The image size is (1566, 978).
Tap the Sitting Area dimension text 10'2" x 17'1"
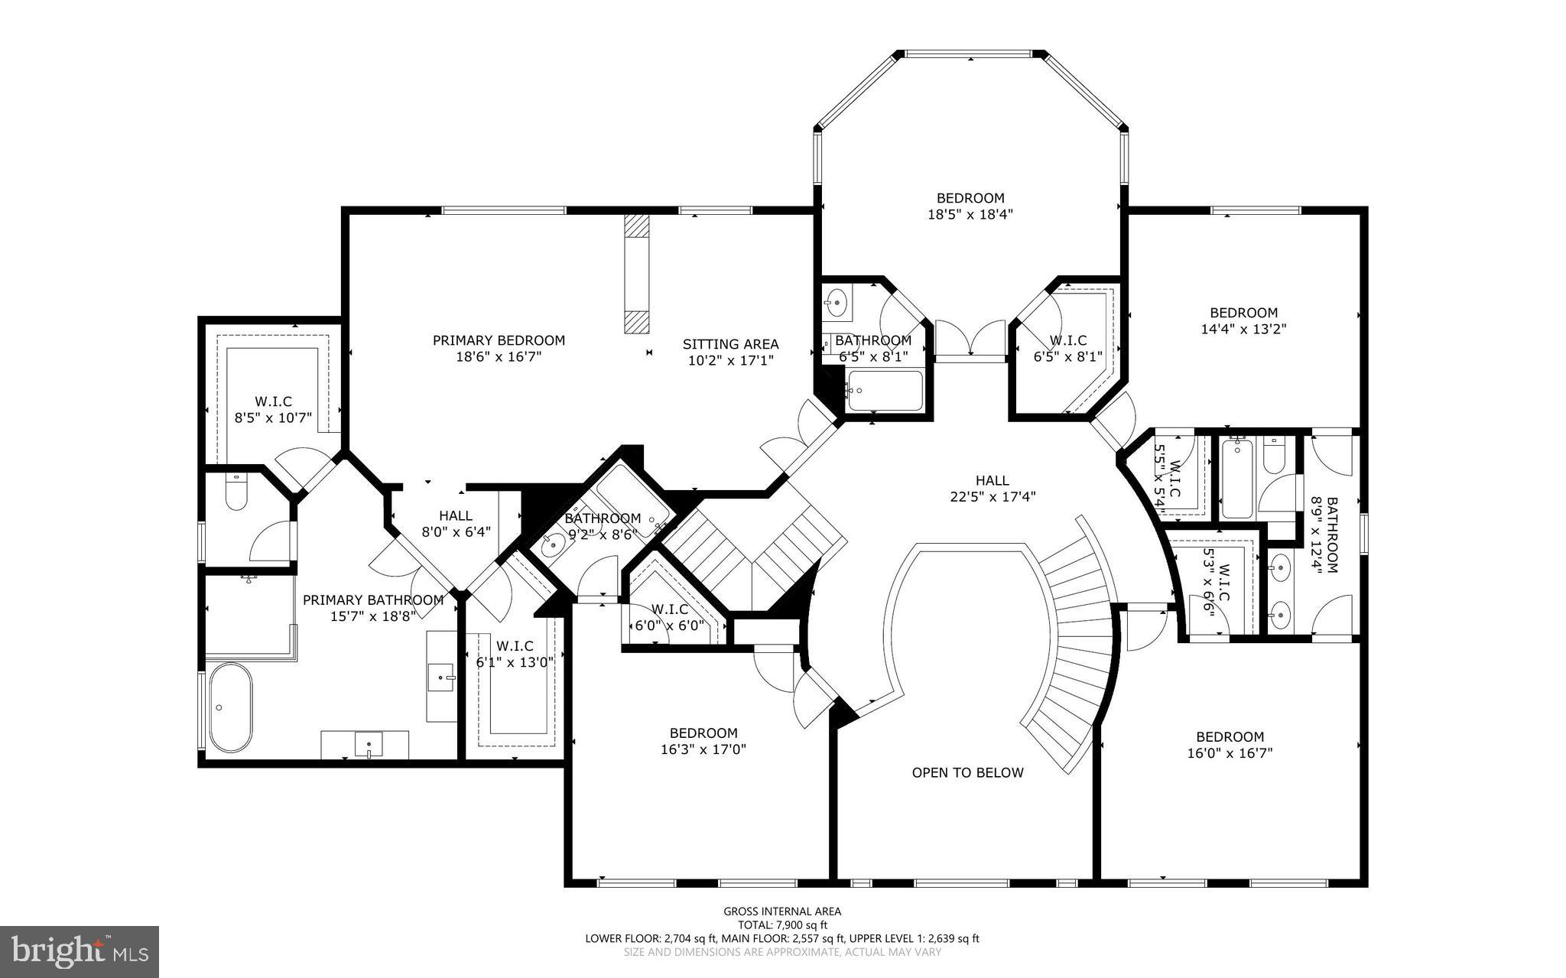730,360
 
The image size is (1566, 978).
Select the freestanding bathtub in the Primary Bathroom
230,707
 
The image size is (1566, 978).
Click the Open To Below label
967,772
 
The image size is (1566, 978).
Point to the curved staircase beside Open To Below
1074,650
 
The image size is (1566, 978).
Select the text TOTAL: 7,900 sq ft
782,924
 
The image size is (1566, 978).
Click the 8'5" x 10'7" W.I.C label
273,409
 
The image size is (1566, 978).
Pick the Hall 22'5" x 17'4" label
992,488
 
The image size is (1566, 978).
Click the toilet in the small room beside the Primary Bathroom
236,493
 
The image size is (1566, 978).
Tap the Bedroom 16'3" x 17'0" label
703,741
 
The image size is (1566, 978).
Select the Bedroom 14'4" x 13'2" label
1243,320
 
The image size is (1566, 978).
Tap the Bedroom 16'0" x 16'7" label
1230,745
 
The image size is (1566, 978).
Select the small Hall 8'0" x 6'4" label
456,523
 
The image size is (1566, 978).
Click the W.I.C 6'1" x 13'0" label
515,654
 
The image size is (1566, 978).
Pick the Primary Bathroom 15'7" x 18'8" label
373,608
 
